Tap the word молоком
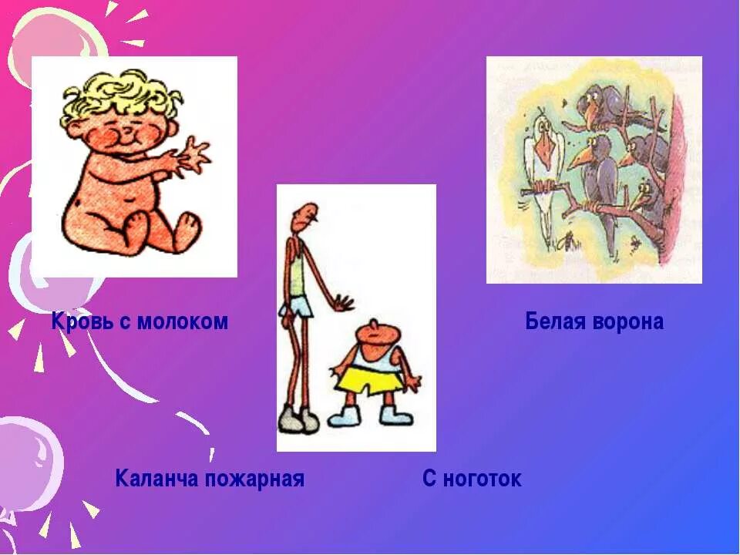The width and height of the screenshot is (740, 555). [183, 321]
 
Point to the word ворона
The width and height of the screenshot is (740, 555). [628, 321]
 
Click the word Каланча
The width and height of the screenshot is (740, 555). [156, 479]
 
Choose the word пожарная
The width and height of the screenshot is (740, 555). [255, 479]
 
